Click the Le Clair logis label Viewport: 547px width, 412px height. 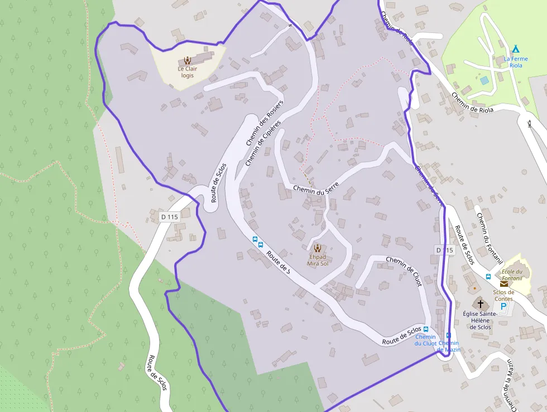(188, 72)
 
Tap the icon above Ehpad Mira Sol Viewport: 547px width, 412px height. (318, 248)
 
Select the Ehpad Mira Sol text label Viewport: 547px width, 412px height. (318, 260)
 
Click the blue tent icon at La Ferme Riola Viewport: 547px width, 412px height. (515, 49)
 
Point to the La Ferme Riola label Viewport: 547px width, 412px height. (516, 61)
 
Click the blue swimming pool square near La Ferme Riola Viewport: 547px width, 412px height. (484, 81)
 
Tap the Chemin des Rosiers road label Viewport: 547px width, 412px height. (265, 124)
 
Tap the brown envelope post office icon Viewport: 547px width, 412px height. (504, 284)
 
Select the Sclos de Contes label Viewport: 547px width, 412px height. (503, 295)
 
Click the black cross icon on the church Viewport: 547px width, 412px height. (481, 304)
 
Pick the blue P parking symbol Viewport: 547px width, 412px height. (503, 306)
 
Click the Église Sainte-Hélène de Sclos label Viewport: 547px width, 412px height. (480, 320)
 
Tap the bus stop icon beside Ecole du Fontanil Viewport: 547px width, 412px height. (488, 277)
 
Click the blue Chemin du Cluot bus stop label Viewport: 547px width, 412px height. (425, 340)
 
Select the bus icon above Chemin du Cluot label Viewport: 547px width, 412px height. (426, 329)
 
